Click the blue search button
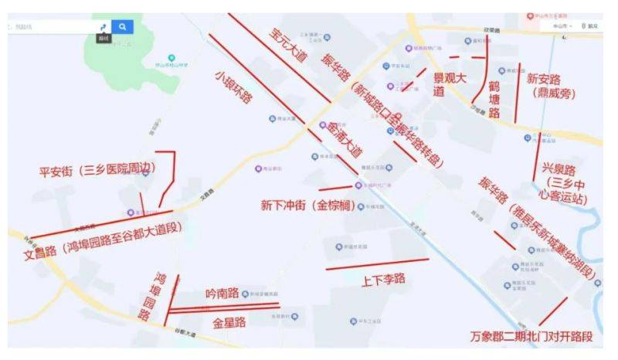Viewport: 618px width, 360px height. [122, 26]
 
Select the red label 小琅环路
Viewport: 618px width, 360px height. [233, 87]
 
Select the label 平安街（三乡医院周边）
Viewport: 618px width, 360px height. [98, 171]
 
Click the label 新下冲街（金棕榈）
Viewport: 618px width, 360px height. [307, 205]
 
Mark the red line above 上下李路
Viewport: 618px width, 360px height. [377, 264]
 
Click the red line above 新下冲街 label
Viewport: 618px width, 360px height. [335, 188]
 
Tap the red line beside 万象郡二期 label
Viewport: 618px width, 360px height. [553, 311]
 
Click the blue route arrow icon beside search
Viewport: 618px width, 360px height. [104, 26]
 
